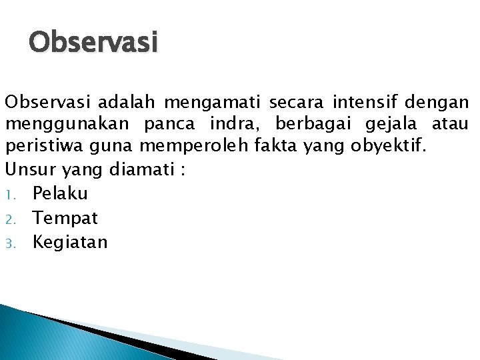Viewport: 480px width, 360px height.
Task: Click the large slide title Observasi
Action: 93,43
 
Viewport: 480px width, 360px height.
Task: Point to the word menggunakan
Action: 67,124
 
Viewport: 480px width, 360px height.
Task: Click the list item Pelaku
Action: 60,193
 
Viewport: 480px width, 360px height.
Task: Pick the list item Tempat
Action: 65,218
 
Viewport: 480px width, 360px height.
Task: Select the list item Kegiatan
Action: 70,242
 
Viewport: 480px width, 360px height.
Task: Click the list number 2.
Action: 11,219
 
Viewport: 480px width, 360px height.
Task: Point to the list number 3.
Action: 11,243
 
